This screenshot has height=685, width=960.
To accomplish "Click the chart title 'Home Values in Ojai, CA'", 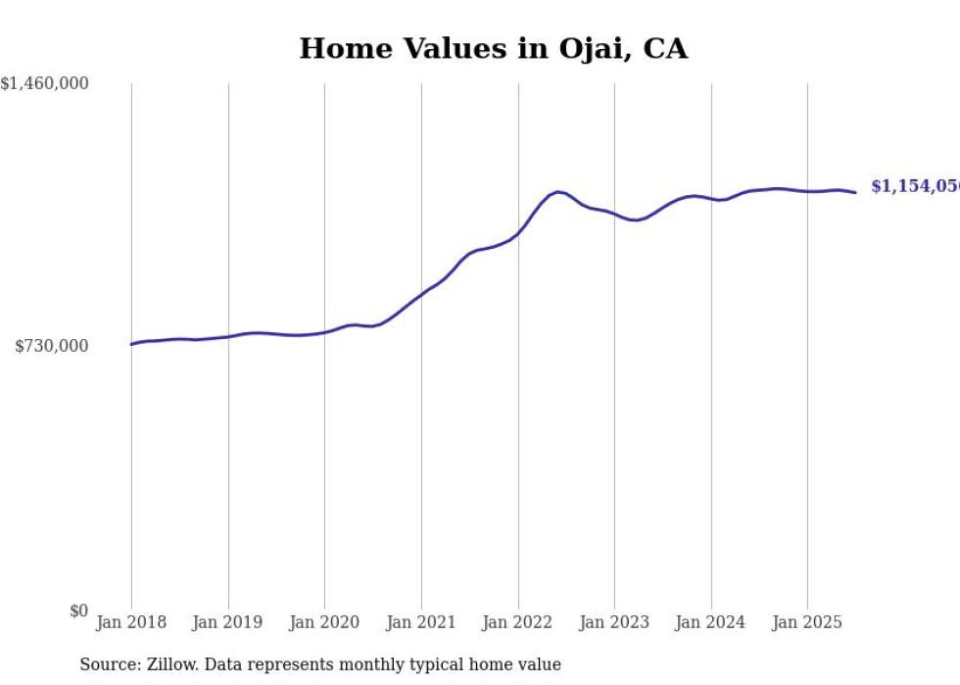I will click(x=493, y=49).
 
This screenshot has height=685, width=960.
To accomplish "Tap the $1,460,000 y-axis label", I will click(x=44, y=84).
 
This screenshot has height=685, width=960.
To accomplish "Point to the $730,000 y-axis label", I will click(x=52, y=346).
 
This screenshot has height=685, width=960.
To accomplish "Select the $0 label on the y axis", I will click(x=78, y=611).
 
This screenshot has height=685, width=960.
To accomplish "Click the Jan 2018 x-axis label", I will click(x=131, y=622).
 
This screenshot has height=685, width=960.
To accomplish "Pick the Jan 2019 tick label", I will click(x=228, y=622).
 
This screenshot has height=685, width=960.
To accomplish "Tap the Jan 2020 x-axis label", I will click(x=324, y=622).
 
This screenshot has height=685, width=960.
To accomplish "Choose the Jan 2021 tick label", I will click(x=421, y=622).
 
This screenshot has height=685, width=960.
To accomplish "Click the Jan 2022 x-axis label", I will click(x=518, y=622).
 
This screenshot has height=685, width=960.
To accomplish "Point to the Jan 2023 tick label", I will click(x=614, y=622).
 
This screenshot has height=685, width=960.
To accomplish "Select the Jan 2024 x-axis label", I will click(x=711, y=622).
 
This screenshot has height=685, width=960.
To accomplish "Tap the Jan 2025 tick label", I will click(x=807, y=622).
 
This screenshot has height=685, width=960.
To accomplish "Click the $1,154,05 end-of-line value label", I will click(x=914, y=186).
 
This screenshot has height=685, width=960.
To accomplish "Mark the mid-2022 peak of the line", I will click(x=557, y=192).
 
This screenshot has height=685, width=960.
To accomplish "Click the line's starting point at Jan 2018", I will click(x=131, y=344).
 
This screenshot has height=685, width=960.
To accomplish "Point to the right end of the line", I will click(x=855, y=192).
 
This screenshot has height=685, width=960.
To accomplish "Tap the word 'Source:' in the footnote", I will click(x=107, y=664).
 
